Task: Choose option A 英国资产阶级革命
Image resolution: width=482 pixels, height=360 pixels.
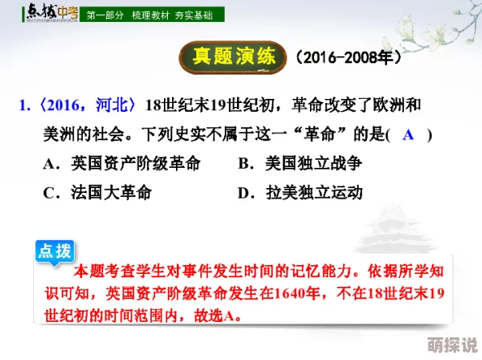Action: click(x=122, y=163)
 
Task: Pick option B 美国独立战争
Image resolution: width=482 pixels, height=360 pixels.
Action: click(x=299, y=163)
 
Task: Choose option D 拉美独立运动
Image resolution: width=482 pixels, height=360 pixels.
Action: click(x=299, y=193)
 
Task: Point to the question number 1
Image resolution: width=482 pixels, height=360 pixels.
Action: click(x=24, y=105)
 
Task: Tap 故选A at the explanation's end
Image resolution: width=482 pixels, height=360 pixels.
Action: click(x=218, y=315)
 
